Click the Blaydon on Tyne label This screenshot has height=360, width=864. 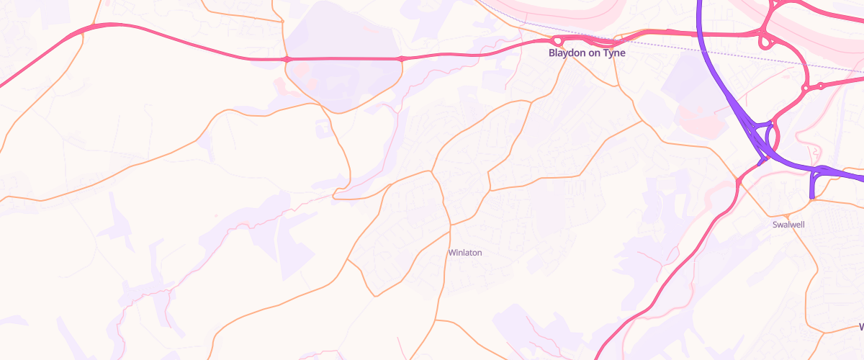click(587, 53)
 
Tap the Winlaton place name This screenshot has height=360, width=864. click(464, 253)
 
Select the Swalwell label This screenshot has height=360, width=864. click(788, 225)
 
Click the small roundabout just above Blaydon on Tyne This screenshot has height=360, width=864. click(558, 41)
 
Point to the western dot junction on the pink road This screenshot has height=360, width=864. click(287, 58)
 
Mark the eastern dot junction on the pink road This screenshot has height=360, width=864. click(402, 58)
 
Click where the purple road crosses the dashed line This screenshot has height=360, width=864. click(703, 48)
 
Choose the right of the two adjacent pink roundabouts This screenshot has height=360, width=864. click(821, 86)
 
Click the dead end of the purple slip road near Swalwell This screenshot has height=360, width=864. click(811, 196)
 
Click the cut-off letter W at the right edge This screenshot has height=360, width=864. click(860, 327)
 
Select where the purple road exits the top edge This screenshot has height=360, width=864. click(699, 1)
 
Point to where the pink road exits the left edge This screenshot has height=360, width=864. click(1, 86)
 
